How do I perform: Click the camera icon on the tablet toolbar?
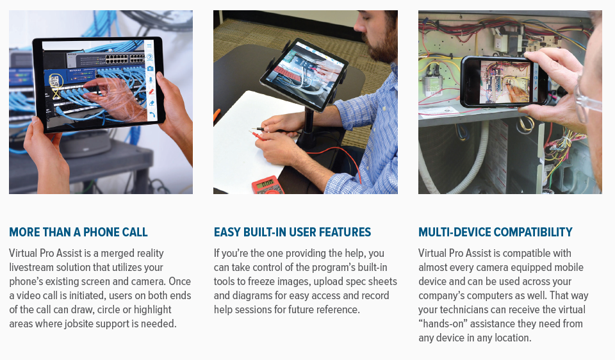[150, 69]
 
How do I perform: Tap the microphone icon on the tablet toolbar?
[150, 80]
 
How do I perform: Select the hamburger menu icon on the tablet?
[149, 46]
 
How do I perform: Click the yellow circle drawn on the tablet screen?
[54, 81]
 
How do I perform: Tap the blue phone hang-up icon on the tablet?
[152, 115]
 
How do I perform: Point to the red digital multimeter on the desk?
[268, 185]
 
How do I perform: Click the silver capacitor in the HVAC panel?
[432, 83]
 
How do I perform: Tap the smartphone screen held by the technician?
[505, 82]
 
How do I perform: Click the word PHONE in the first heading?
[99, 232]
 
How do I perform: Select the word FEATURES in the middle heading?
[345, 232]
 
